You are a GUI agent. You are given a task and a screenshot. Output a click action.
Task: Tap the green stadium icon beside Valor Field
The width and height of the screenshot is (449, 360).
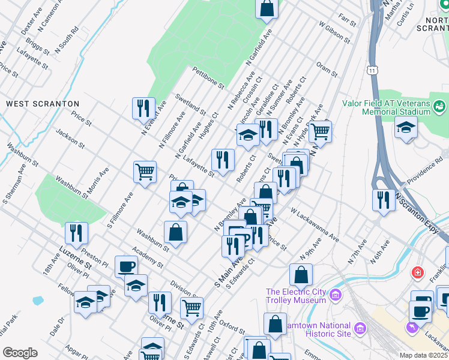[x=441, y=107]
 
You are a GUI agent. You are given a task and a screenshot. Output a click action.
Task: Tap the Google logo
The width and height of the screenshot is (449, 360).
[x=20, y=353]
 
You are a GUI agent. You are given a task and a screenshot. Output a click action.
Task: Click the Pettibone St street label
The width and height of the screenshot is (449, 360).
[x=208, y=78]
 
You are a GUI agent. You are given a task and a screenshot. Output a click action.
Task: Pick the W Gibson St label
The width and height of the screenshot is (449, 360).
[x=334, y=34]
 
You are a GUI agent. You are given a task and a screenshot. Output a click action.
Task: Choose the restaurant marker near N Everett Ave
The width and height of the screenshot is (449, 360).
[x=143, y=108]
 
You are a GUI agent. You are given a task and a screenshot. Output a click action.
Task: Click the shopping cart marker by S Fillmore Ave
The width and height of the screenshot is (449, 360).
[x=145, y=172]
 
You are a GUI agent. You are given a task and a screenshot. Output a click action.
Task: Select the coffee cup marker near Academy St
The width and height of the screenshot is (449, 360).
[x=126, y=266]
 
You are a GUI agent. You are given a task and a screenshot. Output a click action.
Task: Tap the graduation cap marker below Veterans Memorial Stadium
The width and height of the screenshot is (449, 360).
[x=406, y=127]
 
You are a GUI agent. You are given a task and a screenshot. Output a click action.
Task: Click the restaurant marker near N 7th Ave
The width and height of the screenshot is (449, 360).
[x=383, y=200]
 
